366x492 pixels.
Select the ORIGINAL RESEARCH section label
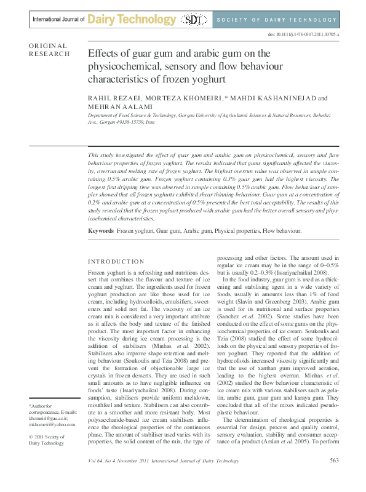[x=49, y=50]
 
